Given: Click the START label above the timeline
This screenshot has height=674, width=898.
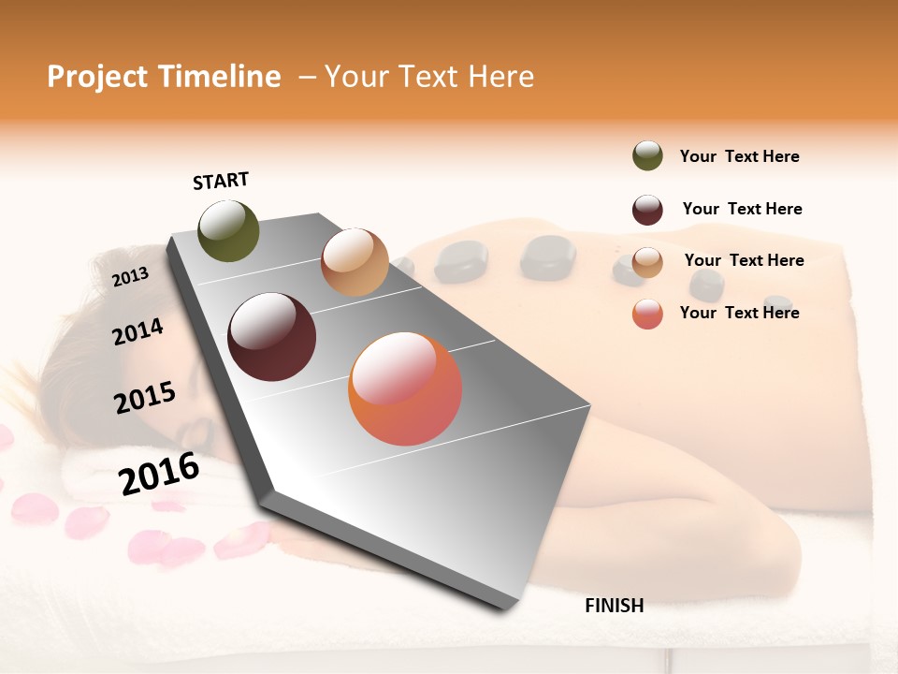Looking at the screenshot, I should [x=221, y=181].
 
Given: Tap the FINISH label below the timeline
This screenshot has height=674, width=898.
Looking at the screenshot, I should [x=614, y=606].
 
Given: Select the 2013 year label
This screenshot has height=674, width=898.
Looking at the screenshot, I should [x=130, y=276].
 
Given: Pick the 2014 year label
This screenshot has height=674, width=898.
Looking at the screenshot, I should [x=138, y=331].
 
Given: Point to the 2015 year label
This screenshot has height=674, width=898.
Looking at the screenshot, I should [x=145, y=398].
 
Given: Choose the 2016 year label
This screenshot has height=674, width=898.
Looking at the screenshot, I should [x=159, y=474].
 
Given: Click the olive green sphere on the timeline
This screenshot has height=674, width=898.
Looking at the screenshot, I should [x=229, y=230].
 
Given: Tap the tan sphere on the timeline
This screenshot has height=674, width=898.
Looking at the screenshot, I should [x=355, y=262].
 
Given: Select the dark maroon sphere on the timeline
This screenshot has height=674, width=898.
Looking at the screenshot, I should [x=272, y=337].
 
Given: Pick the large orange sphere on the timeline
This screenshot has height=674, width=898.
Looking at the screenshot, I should [x=405, y=389].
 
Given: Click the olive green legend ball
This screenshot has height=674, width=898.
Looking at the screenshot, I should [x=647, y=156].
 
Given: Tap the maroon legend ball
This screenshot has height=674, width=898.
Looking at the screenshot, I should [x=647, y=210].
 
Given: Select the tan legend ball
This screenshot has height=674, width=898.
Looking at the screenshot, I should [x=647, y=262].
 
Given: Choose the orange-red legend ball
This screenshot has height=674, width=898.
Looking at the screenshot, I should [x=647, y=314].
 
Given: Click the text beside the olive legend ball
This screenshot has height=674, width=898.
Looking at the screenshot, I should [x=739, y=156].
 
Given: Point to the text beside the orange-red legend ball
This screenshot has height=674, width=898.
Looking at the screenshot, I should [x=739, y=313].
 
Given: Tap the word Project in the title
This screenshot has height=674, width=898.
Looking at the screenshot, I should [x=99, y=77].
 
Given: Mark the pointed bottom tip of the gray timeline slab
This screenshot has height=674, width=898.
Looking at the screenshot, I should [x=511, y=608].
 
